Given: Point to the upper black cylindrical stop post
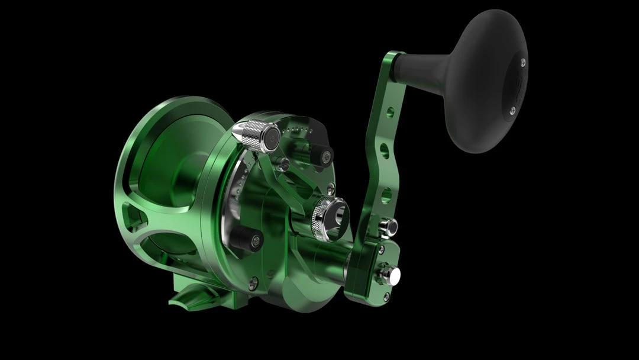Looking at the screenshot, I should pos(324,156).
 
